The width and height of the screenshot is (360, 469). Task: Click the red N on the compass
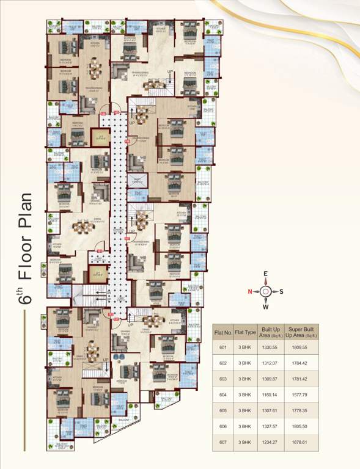[x=249, y=291]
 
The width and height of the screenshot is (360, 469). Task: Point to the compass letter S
[x=281, y=291]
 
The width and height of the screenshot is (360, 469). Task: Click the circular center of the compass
[x=266, y=291]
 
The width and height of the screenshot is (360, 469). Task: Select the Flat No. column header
[x=222, y=333]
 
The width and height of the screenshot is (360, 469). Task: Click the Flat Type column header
[x=246, y=333]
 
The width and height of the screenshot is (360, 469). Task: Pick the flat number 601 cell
[x=222, y=347]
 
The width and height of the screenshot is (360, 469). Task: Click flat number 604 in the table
[x=222, y=394]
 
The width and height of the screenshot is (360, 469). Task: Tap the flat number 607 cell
[x=222, y=442]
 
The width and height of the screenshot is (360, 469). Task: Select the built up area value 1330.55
[x=270, y=347]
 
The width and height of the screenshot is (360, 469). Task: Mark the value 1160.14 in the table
[x=270, y=394]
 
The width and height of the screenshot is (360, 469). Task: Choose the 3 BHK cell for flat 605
[x=246, y=410]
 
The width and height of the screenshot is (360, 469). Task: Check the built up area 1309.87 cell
[x=270, y=379]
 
